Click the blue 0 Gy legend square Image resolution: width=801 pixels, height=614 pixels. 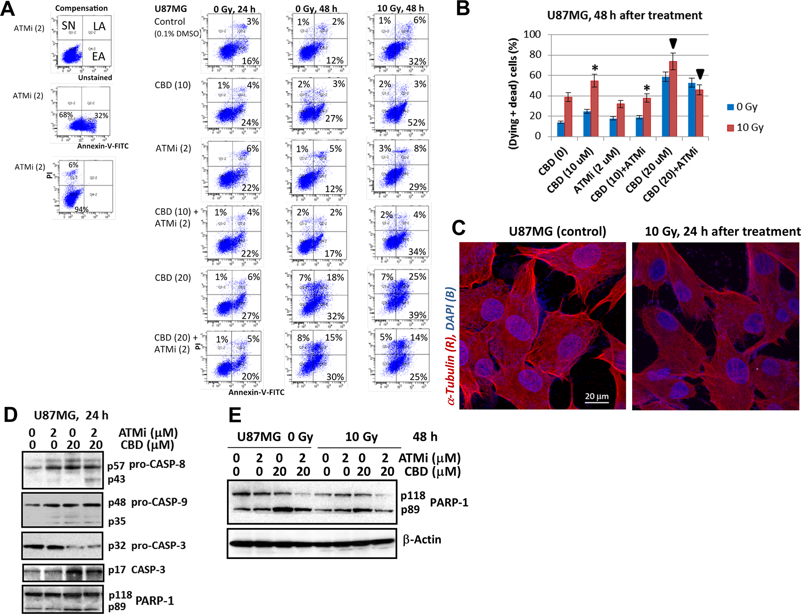[731, 107]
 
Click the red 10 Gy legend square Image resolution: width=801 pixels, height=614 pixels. [731, 128]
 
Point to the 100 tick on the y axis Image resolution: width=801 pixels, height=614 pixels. [532, 34]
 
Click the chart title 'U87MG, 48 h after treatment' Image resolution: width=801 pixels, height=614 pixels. [624, 15]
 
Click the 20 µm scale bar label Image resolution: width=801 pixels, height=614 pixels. [596, 396]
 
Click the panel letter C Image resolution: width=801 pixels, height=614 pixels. [459, 228]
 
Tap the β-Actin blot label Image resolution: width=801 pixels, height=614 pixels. [422, 539]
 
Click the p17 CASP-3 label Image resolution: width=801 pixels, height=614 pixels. [137, 570]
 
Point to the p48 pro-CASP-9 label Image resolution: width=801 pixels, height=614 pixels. [148, 502]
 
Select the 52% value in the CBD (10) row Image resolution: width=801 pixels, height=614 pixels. [416, 122]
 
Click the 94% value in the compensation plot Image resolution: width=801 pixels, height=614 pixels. [82, 209]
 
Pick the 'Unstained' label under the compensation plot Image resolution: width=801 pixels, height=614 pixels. [95, 78]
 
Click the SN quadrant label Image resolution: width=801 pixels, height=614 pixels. [68, 26]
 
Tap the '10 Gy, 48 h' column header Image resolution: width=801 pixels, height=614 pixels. [400, 8]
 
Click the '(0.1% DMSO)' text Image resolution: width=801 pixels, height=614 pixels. [178, 34]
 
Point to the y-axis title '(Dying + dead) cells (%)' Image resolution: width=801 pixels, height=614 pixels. [514, 94]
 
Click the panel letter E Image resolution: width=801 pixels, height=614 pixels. [235, 416]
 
